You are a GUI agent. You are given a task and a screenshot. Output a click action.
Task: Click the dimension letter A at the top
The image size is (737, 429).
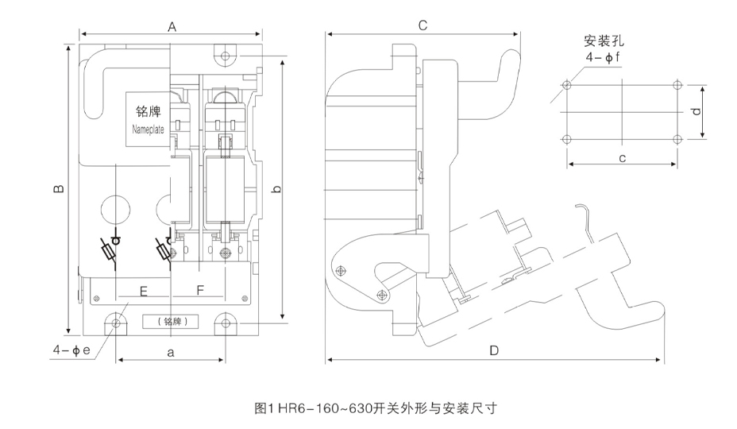point(172,26)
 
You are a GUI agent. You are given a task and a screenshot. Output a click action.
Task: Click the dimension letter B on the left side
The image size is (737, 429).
point(57,189)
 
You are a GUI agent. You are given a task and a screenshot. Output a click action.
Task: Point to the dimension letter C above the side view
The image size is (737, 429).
point(423,25)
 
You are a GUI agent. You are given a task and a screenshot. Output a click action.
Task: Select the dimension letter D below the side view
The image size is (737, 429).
point(493,350)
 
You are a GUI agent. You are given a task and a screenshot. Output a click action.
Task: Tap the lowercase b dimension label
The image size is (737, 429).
point(276,190)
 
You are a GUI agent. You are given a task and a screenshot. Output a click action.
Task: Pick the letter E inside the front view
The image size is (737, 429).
point(144,291)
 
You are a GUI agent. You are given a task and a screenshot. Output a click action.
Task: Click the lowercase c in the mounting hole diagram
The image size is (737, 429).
point(622,157)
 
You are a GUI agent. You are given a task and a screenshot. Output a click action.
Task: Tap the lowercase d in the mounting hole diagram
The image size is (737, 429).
point(696,112)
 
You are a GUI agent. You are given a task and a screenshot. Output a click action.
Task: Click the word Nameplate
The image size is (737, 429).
point(146,129)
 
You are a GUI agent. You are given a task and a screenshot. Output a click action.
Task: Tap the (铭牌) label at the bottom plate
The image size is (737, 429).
point(171,323)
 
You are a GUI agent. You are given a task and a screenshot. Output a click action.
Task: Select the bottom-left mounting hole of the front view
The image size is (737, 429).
point(117,324)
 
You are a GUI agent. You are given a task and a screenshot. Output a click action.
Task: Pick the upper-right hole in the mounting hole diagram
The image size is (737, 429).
point(676,86)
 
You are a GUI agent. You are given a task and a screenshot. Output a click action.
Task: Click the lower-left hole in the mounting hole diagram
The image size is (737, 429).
point(566,140)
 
